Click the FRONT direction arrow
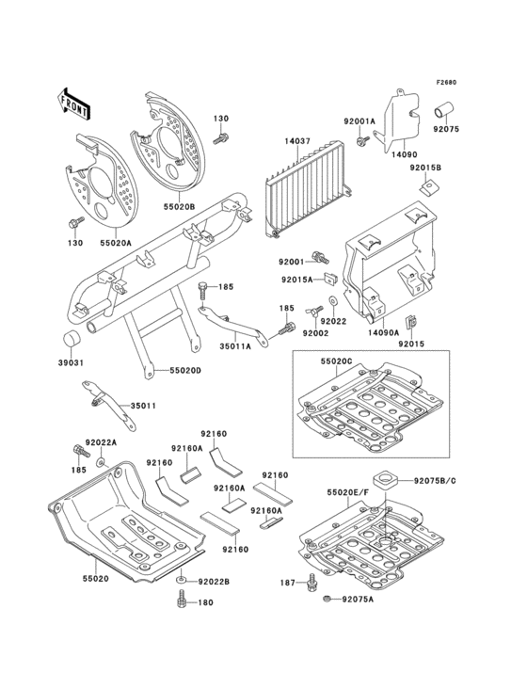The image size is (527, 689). [73, 104]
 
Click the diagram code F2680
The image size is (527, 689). [447, 82]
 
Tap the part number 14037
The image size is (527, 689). [296, 141]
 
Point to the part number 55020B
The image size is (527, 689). [180, 205]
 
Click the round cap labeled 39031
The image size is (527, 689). [71, 340]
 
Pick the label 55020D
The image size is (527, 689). [185, 371]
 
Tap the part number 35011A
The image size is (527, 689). [235, 346]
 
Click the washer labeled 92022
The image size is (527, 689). [332, 301]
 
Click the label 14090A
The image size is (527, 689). [383, 333]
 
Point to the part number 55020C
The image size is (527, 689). [336, 361]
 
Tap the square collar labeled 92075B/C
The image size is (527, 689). [385, 478]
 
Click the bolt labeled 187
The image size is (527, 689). [312, 583]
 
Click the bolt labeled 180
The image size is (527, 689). [180, 601]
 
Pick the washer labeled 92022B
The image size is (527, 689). [181, 581]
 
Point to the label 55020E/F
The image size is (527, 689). [347, 493]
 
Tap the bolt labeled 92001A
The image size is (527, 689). [363, 140]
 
